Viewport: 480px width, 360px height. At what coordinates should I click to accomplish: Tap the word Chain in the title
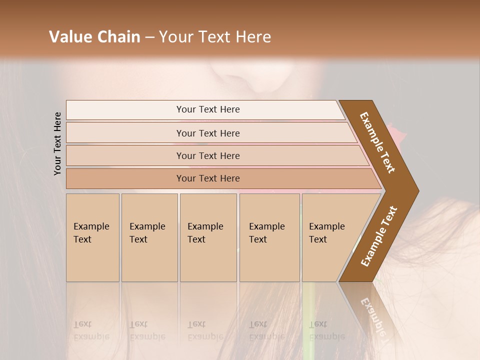tap(118, 37)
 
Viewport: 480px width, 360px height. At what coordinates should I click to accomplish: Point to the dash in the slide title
tap(149, 37)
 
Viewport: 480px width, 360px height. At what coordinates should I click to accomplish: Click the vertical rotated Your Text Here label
tap(57, 144)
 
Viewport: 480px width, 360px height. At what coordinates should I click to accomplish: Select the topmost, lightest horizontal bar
tap(207, 109)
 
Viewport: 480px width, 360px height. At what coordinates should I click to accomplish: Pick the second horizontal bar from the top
tap(207, 133)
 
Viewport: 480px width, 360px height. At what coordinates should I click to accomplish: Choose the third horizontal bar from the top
tap(207, 155)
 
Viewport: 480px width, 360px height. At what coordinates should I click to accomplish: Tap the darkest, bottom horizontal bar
tap(207, 178)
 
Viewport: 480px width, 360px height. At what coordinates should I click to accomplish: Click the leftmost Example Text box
tap(92, 237)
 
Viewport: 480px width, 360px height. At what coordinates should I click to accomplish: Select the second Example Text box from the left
tap(149, 237)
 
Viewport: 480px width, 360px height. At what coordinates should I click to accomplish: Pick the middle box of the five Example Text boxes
tap(208, 237)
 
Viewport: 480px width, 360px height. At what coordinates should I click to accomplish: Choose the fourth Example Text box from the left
tap(269, 237)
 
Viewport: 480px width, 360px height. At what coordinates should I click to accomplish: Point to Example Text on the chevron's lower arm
tap(379, 236)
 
